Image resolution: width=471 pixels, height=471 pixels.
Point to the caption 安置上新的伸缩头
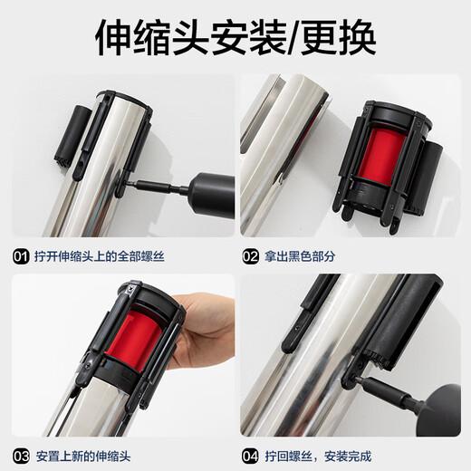[90, 455]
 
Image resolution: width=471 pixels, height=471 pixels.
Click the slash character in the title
[294, 37]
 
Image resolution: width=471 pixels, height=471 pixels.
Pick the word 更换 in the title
[340, 37]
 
